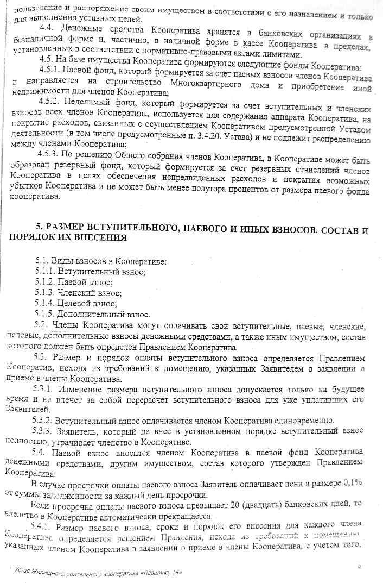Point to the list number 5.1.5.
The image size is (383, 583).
(x=45, y=315)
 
